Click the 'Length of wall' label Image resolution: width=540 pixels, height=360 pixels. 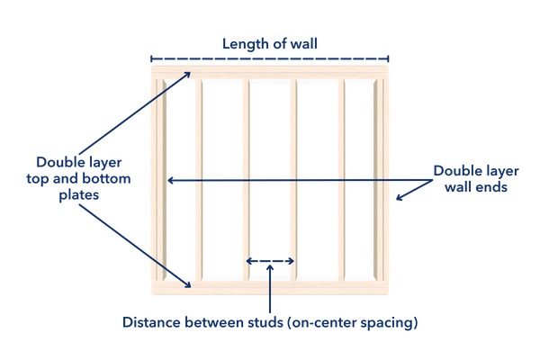pyautogui.click(x=269, y=42)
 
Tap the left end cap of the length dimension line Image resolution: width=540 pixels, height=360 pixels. pyautogui.click(x=151, y=57)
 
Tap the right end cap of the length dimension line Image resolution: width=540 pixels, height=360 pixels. pyautogui.click(x=389, y=57)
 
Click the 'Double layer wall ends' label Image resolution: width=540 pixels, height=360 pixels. pyautogui.click(x=471, y=177)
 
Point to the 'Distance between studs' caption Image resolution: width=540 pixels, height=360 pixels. pyautogui.click(x=270, y=320)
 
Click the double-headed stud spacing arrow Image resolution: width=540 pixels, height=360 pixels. pyautogui.click(x=270, y=261)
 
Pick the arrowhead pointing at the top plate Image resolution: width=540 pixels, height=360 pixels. pyautogui.click(x=184, y=76)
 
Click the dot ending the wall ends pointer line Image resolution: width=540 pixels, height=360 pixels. pyautogui.click(x=397, y=197)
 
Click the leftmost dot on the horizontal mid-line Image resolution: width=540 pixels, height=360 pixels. pyautogui.click(x=171, y=180)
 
